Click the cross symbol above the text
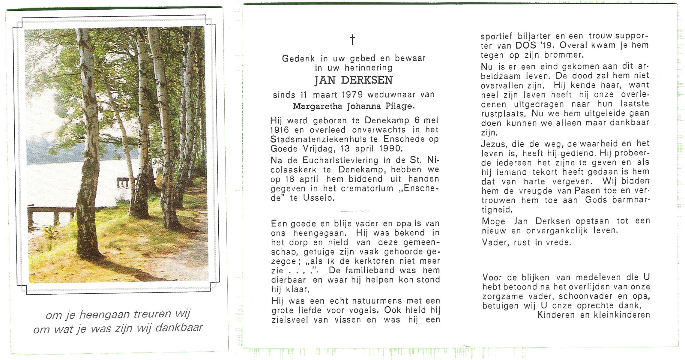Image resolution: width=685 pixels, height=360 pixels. tap(352, 39)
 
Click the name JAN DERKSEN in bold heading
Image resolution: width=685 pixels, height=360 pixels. tap(354, 80)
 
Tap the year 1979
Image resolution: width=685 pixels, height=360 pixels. tap(353, 95)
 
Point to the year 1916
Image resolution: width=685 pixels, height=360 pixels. tap(280, 130)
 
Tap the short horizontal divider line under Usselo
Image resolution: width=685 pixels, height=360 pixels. tap(354, 211)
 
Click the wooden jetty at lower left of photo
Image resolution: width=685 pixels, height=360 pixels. tap(51, 213)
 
